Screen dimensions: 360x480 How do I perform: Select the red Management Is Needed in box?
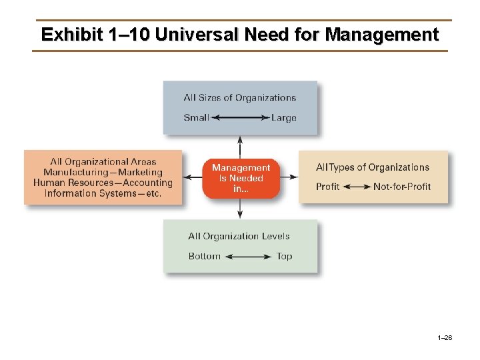tap(240, 178)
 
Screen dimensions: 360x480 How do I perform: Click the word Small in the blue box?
tap(196, 118)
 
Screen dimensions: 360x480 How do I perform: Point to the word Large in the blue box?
tap(283, 118)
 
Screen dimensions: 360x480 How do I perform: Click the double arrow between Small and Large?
tap(240, 118)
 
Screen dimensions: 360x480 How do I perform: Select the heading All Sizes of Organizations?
tap(240, 98)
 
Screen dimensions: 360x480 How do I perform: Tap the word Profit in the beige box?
tap(327, 187)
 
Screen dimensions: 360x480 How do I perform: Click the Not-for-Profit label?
tap(402, 187)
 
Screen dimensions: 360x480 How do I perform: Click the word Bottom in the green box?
tap(204, 256)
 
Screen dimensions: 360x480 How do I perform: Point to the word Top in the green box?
tap(284, 256)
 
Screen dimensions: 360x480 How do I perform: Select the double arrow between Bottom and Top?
tap(248, 256)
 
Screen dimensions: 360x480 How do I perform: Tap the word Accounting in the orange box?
tap(147, 183)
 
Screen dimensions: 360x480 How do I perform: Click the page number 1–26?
tap(445, 339)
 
